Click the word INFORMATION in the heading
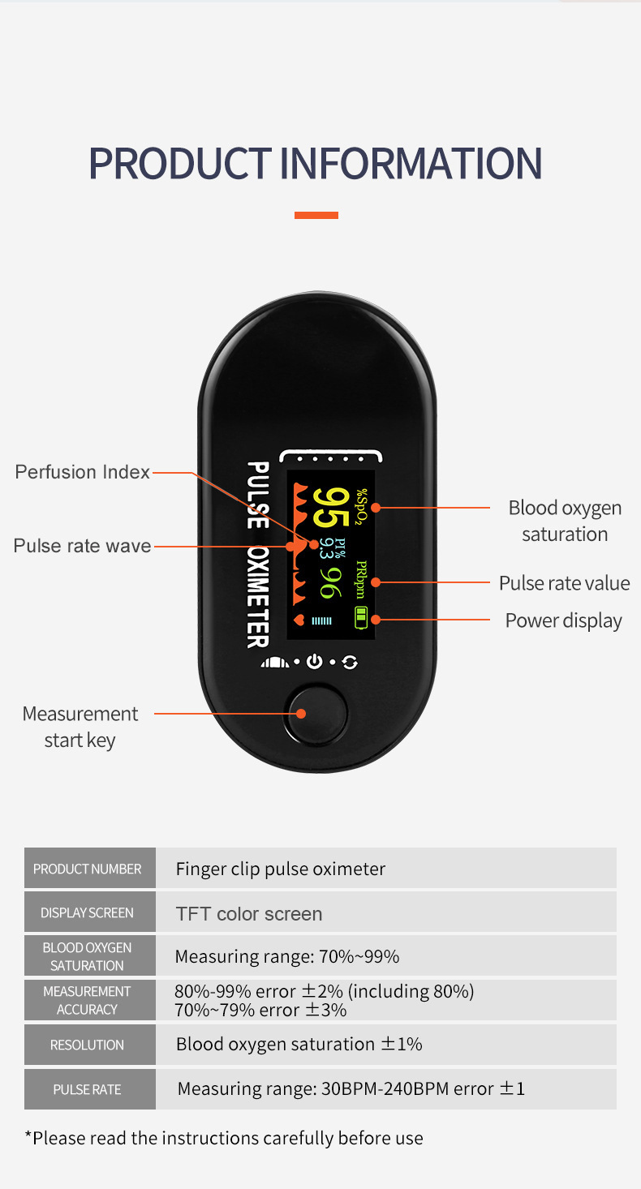tap(411, 163)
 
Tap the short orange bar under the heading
tap(316, 215)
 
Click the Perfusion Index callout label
tap(83, 472)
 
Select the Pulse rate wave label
tap(82, 546)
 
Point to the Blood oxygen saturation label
tap(565, 521)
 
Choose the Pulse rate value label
tap(564, 583)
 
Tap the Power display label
tap(563, 620)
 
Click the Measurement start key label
tap(80, 727)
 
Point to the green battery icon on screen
tap(361, 617)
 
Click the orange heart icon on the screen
tap(299, 620)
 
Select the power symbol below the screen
tap(315, 662)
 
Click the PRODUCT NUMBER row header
tap(88, 869)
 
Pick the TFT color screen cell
tap(249, 914)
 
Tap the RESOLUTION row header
tap(88, 1045)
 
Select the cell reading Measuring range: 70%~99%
tap(287, 956)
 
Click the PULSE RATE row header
tap(88, 1089)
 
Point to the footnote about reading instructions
tap(224, 1138)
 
